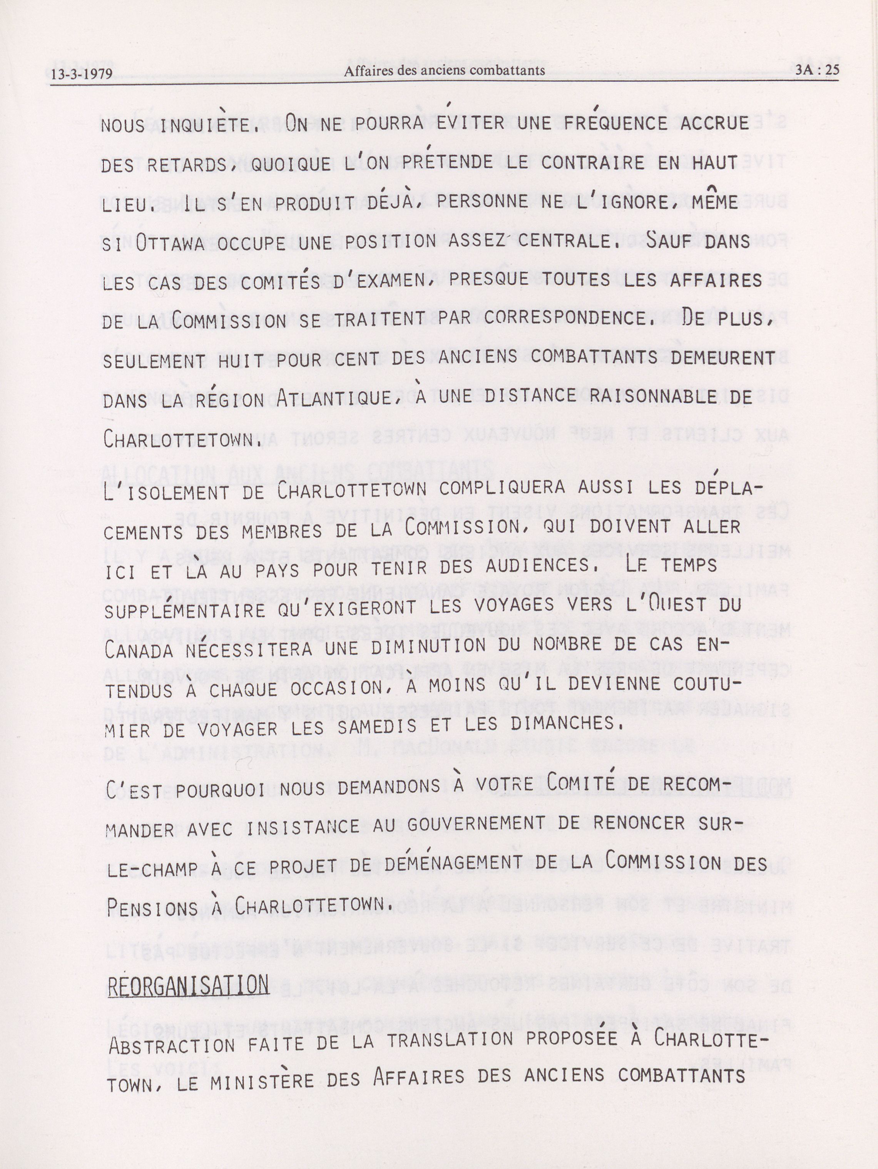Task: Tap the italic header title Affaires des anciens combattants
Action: pyautogui.click(x=444, y=71)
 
